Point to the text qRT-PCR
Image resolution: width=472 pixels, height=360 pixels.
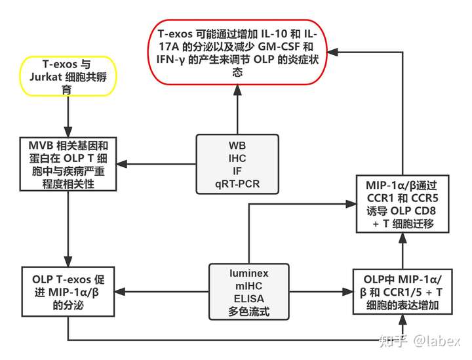237,184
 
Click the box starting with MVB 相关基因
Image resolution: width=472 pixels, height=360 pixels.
68,164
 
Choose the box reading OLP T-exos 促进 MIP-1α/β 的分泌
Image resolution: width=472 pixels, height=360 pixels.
68,291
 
